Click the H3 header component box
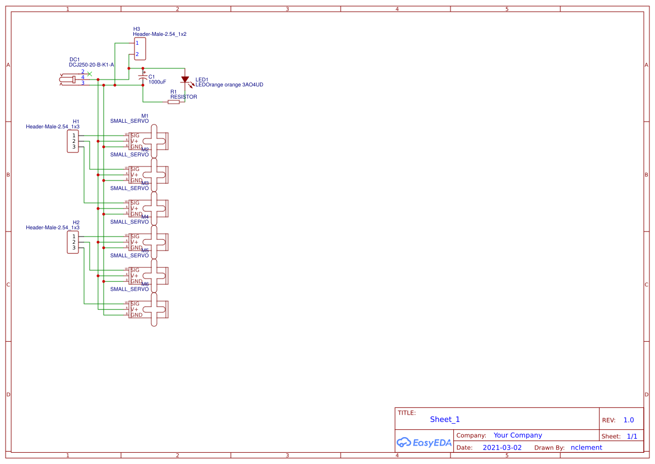(x=140, y=49)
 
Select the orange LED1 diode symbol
(x=185, y=80)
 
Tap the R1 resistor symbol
(x=174, y=102)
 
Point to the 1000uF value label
(x=157, y=82)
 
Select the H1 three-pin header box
(x=73, y=141)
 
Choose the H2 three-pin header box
(x=73, y=242)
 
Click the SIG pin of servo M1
(x=134, y=136)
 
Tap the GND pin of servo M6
(x=136, y=315)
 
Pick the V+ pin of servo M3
(x=134, y=208)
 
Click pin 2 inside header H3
(x=137, y=54)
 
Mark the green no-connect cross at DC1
(x=90, y=73)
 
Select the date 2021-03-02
(x=502, y=448)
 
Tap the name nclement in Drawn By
(x=586, y=448)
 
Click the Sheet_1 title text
(x=445, y=419)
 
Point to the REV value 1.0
(x=629, y=420)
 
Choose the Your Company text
(x=518, y=435)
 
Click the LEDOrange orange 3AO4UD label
(x=229, y=85)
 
